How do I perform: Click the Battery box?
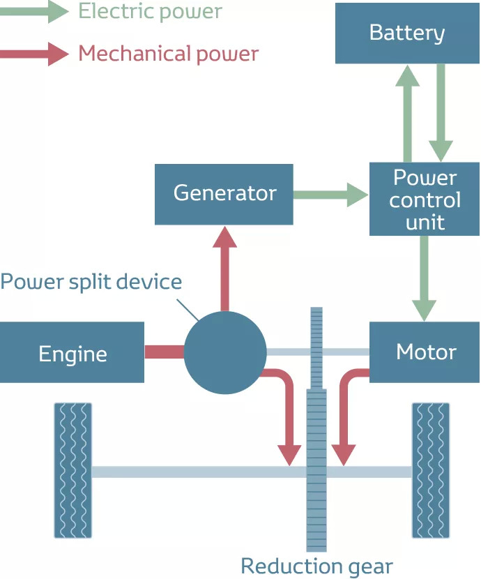pyautogui.click(x=407, y=33)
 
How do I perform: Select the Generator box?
pyautogui.click(x=224, y=194)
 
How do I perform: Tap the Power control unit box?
pyautogui.click(x=425, y=200)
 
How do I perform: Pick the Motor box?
pyautogui.click(x=425, y=352)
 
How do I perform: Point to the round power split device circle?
pyautogui.click(x=224, y=352)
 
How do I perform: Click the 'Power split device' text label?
pyautogui.click(x=91, y=282)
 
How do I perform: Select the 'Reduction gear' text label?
pyautogui.click(x=316, y=566)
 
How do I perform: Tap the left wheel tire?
pyautogui.click(x=73, y=471)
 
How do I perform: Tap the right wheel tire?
pyautogui.click(x=431, y=471)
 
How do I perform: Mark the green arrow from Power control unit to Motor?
pyautogui.click(x=425, y=278)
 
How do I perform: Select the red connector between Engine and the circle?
pyautogui.click(x=164, y=352)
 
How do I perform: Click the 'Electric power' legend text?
pyautogui.click(x=150, y=11)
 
